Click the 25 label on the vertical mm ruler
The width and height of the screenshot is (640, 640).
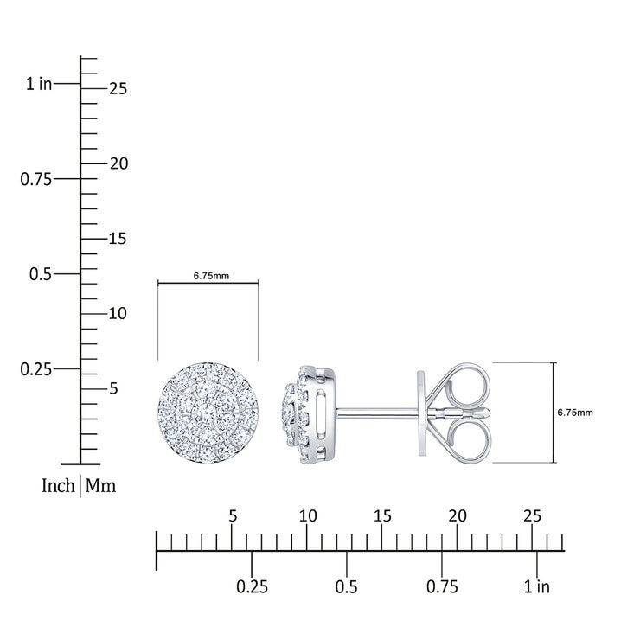click(118, 88)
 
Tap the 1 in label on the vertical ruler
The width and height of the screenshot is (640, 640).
click(39, 84)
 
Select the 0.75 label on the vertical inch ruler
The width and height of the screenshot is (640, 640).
click(36, 179)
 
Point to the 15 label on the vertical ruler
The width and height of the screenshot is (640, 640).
click(118, 239)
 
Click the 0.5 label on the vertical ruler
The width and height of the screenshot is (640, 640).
click(41, 274)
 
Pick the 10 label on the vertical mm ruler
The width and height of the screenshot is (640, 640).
click(118, 313)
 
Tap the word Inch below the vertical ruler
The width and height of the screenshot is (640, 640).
click(58, 486)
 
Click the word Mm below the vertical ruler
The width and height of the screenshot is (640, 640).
click(101, 486)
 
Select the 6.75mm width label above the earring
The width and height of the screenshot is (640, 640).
click(211, 276)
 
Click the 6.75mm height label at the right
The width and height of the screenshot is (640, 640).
click(575, 413)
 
